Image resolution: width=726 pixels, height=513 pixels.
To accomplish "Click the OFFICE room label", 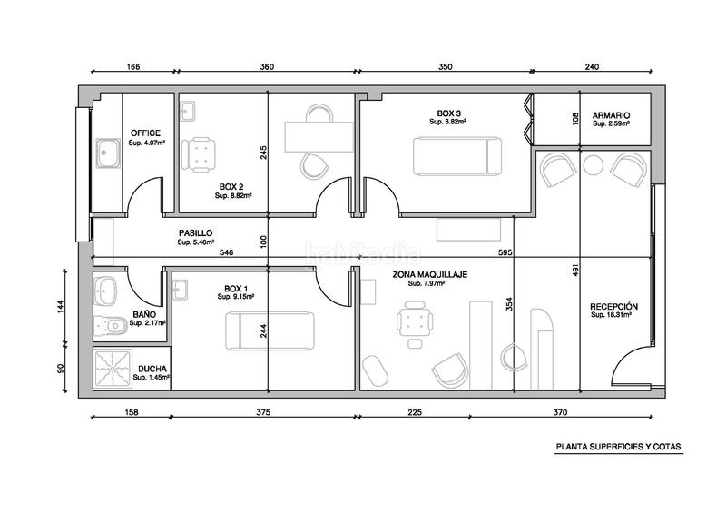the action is (x=145, y=133).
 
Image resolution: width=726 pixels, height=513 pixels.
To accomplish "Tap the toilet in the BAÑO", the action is (x=111, y=327).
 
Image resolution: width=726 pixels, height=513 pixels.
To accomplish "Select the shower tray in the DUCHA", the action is (x=113, y=369).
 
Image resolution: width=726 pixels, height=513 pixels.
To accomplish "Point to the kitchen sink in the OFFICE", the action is (x=109, y=153).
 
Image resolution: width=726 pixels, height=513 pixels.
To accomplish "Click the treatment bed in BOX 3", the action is (x=457, y=156).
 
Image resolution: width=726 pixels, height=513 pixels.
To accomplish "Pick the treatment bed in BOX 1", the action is (x=270, y=330).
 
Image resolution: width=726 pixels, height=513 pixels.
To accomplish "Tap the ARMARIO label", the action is (x=611, y=115).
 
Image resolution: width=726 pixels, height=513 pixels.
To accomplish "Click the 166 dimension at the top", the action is (x=133, y=66).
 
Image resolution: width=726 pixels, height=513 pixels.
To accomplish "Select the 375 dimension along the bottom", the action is (x=263, y=412).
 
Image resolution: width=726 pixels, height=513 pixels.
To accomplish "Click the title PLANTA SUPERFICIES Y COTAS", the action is (x=619, y=447).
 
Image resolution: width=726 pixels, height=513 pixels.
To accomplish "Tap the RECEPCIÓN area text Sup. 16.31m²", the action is (x=612, y=315).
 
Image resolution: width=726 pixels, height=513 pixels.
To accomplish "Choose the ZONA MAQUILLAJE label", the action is (x=429, y=274).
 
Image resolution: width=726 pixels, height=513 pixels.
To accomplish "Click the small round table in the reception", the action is (x=594, y=165).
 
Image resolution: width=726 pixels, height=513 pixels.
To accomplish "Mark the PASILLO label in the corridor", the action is (x=195, y=233).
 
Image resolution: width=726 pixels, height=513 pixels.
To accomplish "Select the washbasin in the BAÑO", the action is (x=106, y=292).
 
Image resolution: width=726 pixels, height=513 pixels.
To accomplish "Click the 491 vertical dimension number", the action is (x=575, y=271).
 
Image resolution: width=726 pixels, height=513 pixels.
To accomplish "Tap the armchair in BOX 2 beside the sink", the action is (x=198, y=154).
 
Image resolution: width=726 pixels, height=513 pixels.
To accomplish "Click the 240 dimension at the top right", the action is (x=592, y=66).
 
